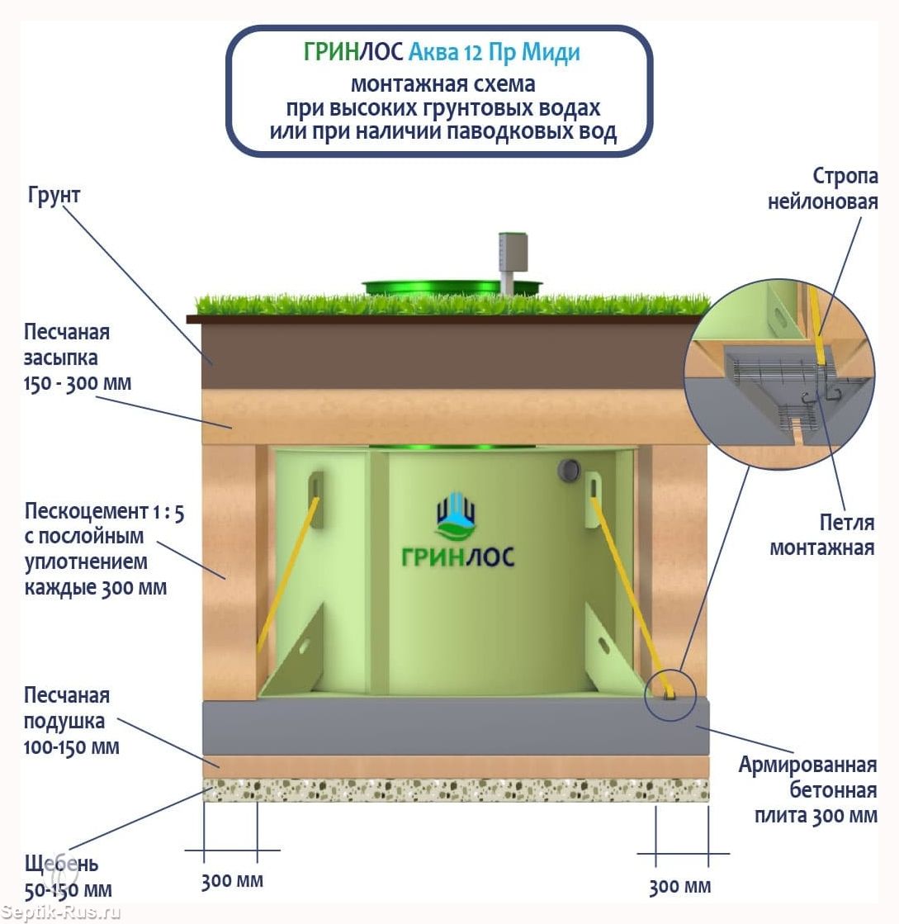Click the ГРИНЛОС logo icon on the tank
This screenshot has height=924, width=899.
(x=456, y=517)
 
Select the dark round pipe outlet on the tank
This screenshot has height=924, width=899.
(x=569, y=470)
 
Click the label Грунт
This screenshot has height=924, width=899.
(x=54, y=195)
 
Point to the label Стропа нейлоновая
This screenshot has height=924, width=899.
(x=823, y=188)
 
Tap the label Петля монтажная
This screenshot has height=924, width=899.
(x=822, y=535)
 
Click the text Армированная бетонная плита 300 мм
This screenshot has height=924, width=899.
(x=808, y=789)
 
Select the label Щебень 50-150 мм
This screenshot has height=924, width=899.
(x=68, y=876)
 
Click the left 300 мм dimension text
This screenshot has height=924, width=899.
(x=232, y=881)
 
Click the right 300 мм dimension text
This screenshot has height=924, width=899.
(x=680, y=886)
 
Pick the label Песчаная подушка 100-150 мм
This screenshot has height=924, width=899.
(x=71, y=722)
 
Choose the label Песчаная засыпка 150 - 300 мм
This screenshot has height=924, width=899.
(x=77, y=358)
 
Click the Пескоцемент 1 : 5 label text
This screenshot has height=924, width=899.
(x=104, y=511)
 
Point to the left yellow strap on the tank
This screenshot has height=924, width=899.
(x=288, y=575)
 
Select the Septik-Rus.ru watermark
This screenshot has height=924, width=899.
(x=61, y=912)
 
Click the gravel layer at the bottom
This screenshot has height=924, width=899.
(x=456, y=789)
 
